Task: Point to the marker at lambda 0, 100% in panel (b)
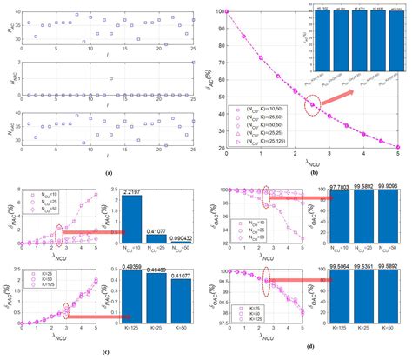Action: [228, 11]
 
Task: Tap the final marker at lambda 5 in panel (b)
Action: [399, 146]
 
